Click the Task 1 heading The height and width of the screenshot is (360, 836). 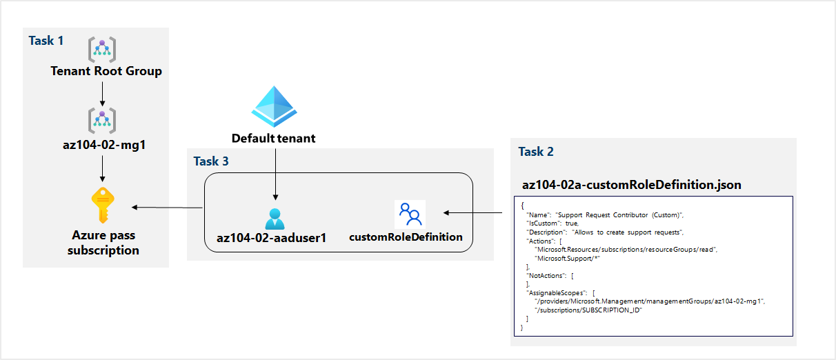click(46, 41)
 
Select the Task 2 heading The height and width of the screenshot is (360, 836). click(536, 152)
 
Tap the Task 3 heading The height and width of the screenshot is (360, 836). click(210, 161)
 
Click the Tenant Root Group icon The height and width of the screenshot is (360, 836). click(102, 50)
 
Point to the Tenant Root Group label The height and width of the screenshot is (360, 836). click(106, 71)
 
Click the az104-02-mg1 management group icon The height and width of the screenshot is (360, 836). click(102, 121)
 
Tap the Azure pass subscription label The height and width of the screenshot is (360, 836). click(103, 242)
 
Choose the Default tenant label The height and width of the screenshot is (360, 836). click(274, 138)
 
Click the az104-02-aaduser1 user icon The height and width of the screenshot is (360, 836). click(275, 218)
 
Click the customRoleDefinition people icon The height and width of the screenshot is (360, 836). click(410, 214)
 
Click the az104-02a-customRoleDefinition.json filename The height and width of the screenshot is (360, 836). click(632, 185)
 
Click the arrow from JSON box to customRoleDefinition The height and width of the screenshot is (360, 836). click(477, 214)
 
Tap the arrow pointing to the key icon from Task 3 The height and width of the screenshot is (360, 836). click(166, 207)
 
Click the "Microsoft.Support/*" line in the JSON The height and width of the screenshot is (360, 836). click(570, 257)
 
